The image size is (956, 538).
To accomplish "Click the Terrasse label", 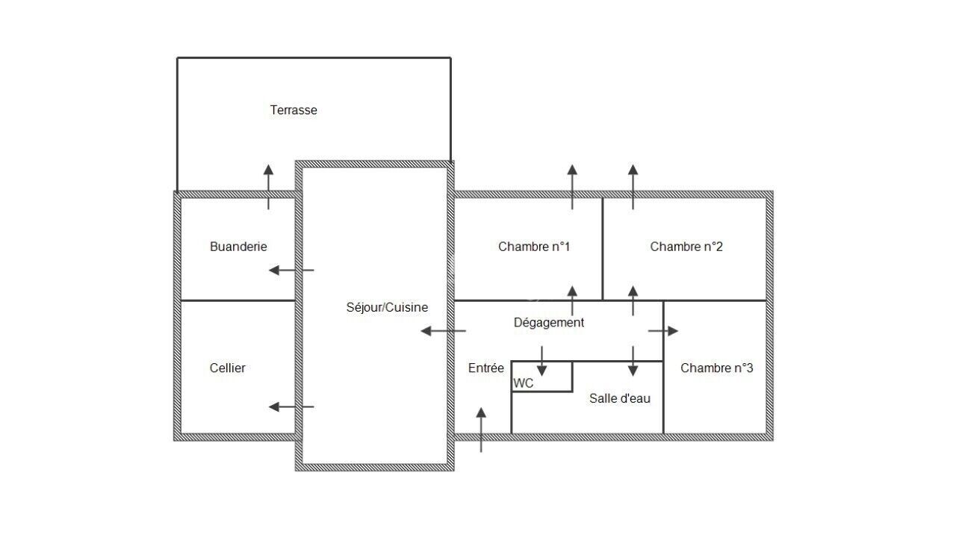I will tap(294, 110).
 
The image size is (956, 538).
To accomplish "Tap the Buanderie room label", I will tap(238, 247).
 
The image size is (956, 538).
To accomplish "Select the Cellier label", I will tap(228, 368).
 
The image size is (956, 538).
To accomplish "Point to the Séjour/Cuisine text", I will tap(387, 307).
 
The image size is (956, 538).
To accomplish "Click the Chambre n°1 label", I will tap(534, 247).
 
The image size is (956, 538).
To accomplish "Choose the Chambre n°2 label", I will tap(686, 247).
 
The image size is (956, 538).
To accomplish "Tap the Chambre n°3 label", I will tap(716, 368).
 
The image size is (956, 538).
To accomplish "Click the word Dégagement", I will tap(549, 323).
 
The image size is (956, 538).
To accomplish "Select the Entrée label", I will tap(486, 368).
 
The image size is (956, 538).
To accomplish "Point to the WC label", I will tap(524, 383).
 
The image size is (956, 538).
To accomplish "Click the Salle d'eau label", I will tap(619, 398).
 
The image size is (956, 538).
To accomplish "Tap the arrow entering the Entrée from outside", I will tap(481, 430).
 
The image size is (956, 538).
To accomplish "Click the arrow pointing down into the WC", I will tap(542, 361).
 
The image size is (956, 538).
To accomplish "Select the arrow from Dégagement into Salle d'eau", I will tap(633, 361).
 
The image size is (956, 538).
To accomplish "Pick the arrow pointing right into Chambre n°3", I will tap(663, 331).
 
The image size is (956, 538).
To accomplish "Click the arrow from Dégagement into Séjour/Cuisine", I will tap(443, 331).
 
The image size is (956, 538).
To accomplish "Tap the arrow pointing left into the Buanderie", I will tap(291, 270).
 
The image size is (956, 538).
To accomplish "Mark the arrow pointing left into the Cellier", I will tap(291, 406).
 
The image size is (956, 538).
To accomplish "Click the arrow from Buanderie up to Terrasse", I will tap(268, 186).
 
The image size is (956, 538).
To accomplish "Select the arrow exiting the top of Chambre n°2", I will tap(633, 186).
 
